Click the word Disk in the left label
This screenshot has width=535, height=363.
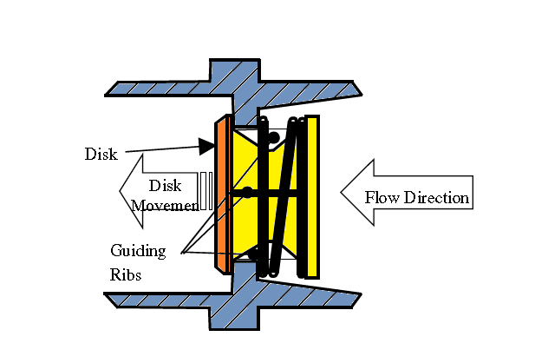tap(100, 154)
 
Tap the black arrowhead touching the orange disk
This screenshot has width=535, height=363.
tap(206, 146)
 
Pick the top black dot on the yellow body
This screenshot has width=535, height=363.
tap(274, 136)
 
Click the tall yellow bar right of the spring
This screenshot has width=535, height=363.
tap(313, 196)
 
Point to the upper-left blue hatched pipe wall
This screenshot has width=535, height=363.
tap(156, 88)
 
